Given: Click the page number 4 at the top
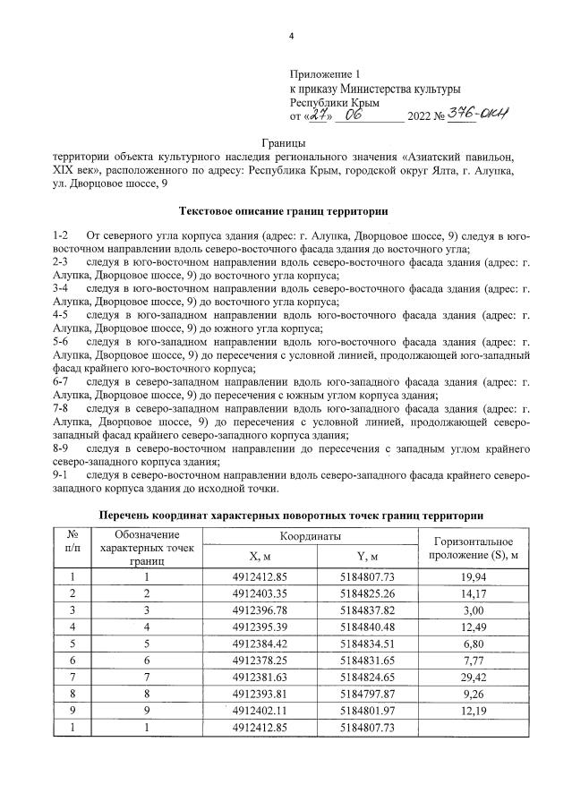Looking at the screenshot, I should [291, 37].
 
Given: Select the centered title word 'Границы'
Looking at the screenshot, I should [285, 143].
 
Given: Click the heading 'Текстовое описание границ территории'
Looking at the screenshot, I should [285, 211].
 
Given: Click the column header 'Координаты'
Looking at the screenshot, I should [311, 535].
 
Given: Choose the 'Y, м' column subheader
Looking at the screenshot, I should [368, 556].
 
